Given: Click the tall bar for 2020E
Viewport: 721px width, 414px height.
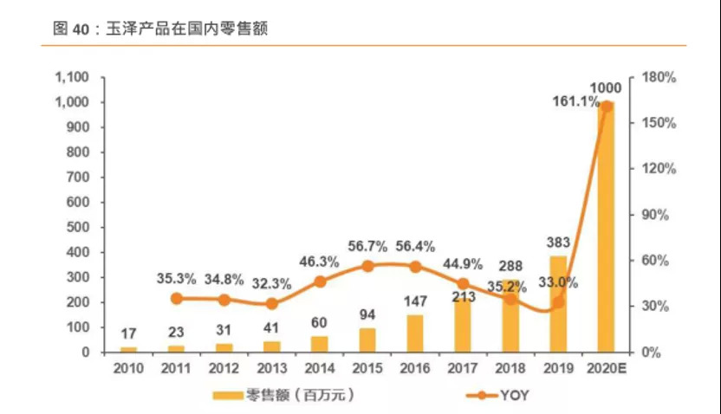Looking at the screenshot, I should coord(606,230).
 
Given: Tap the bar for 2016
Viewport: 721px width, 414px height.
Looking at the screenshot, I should coord(415,334).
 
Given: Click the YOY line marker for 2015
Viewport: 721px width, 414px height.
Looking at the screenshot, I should coord(367,266).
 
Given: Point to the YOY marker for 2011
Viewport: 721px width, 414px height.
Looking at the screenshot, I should coord(177,299).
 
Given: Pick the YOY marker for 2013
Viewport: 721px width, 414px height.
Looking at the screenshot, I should coord(272,303).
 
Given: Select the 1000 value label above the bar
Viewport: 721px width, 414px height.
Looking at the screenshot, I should coord(605,87).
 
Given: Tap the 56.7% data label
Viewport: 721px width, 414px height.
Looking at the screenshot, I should coord(367,246).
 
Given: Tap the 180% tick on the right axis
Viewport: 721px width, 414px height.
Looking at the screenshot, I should coord(659,77).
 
